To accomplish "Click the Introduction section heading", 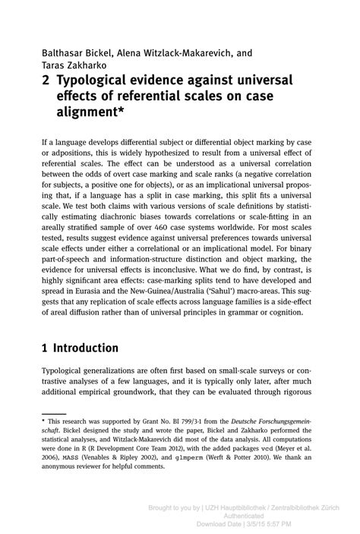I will click(x=87, y=348).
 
